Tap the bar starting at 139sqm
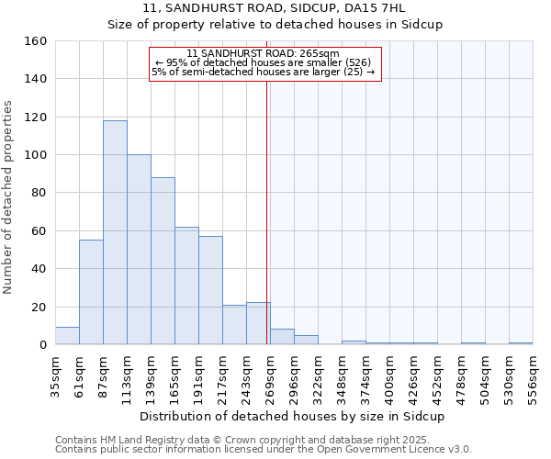163,262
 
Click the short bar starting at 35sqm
67,336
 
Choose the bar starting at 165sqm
186,285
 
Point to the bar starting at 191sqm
210,290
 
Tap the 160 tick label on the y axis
36,41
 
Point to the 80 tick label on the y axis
39,193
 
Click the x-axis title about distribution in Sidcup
293,417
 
